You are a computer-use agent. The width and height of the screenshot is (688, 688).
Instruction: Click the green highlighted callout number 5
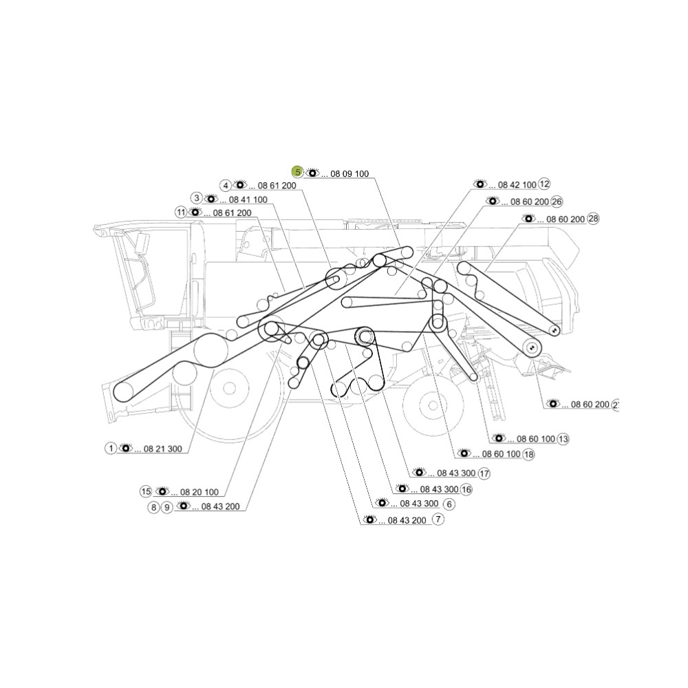[298, 173]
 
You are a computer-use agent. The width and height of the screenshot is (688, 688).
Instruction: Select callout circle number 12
[544, 184]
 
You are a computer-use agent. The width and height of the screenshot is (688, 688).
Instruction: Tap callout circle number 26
[557, 202]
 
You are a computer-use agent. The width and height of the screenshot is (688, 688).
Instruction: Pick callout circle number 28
[593, 219]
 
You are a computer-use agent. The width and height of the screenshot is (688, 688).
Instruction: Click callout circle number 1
[111, 448]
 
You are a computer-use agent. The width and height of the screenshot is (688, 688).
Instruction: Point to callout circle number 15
[146, 491]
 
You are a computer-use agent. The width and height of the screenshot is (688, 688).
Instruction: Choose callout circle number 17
[484, 473]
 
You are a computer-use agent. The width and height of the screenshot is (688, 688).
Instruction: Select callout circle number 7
[438, 519]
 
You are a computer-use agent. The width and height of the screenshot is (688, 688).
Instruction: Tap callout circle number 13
[563, 439]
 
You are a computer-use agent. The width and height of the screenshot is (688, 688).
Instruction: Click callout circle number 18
[528, 454]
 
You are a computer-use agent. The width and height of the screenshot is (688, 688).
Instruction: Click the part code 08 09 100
[350, 174]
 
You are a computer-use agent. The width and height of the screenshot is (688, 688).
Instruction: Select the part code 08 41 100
[248, 200]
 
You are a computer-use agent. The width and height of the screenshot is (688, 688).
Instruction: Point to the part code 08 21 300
[163, 449]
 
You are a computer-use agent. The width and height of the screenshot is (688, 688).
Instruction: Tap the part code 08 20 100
[200, 493]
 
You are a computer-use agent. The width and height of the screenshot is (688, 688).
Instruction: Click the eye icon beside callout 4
[240, 184]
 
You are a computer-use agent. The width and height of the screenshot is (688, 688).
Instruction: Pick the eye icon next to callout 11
[195, 213]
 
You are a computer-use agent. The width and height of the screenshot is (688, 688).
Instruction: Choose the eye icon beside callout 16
[402, 488]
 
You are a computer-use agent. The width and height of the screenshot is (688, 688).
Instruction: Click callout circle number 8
[153, 508]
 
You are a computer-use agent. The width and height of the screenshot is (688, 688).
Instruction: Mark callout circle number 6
[449, 504]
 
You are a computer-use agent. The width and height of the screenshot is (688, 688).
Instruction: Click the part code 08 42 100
[517, 185]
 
